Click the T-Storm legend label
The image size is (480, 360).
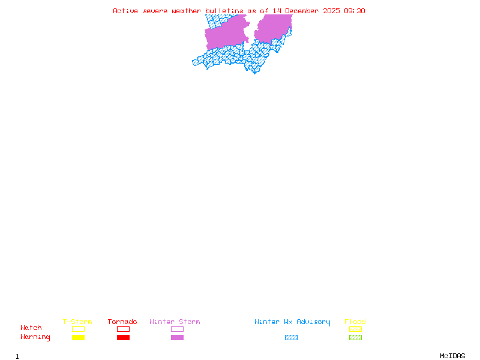point(77,322)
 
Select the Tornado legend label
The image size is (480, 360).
point(122,322)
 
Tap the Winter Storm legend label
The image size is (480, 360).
point(175,322)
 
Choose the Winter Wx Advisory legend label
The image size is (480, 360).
point(292,322)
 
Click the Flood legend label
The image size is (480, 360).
point(355,322)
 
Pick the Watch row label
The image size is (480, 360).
point(31,328)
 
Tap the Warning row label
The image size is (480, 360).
point(35,337)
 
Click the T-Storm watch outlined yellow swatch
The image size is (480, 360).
point(78,329)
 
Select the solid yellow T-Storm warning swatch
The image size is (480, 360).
point(78,338)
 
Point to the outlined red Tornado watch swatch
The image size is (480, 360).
point(123,329)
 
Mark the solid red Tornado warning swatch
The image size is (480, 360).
point(123,338)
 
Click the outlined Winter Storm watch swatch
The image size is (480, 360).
point(177,329)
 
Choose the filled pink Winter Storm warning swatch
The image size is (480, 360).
point(177,338)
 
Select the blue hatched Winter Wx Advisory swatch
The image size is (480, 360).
point(291,338)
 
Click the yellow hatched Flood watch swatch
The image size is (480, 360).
point(355,329)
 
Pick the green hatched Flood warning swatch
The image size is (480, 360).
point(355,338)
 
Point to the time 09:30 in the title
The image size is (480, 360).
point(355,11)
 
